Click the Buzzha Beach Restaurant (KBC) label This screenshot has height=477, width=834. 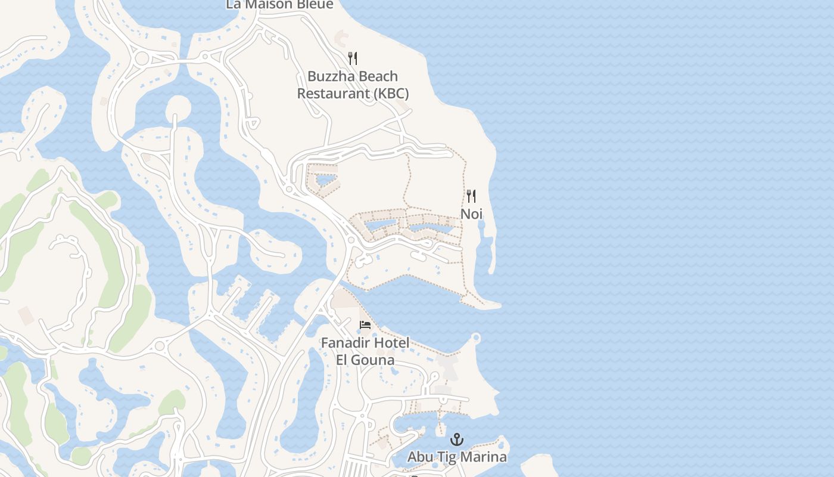(x=353, y=85)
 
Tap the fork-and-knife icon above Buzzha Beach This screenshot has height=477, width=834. (x=353, y=58)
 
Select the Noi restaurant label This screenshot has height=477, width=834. (x=471, y=213)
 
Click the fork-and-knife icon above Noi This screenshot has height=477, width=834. (x=471, y=196)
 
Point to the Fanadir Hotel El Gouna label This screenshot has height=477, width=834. (x=365, y=351)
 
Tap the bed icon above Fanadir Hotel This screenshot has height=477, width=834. (x=365, y=324)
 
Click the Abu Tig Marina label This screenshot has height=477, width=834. (x=457, y=457)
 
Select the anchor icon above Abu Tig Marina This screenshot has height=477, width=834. (x=457, y=439)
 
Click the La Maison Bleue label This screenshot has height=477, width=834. (x=279, y=5)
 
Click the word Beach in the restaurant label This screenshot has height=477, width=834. (x=376, y=76)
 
